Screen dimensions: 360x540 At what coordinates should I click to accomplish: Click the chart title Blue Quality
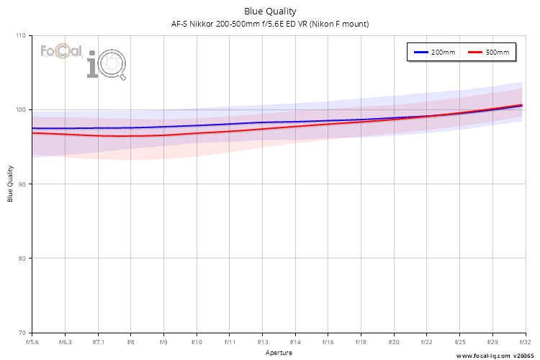(269, 11)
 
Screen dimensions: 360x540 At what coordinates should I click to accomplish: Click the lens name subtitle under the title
(269, 24)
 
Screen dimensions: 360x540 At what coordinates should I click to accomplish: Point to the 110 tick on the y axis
(20, 35)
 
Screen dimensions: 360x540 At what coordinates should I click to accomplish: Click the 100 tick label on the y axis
(20, 109)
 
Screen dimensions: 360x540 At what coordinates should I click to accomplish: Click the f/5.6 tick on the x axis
(32, 343)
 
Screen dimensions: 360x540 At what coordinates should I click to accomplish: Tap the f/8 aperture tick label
(131, 343)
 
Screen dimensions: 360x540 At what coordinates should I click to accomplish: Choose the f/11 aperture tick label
(230, 343)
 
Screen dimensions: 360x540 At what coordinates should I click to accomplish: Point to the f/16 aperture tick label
(328, 343)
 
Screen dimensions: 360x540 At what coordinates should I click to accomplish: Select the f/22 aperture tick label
(427, 343)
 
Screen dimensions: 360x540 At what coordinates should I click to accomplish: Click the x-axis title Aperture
(279, 353)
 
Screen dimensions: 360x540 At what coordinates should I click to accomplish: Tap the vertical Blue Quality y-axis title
(11, 184)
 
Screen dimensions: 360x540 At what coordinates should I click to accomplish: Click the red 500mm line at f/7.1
(98, 135)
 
